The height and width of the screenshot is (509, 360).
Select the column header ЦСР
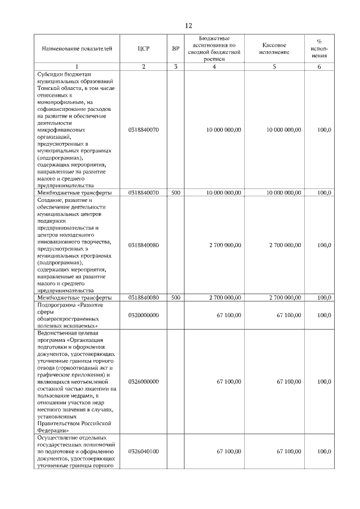143,49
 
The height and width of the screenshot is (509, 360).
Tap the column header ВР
175,49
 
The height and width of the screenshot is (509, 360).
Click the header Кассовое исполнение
275,48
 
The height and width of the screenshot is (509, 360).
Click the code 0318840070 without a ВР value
143,129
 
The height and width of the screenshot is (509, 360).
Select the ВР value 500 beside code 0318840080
175,297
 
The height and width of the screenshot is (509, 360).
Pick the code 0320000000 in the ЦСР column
143,315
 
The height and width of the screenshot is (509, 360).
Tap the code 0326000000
143,382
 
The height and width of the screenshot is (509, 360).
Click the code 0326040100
143,451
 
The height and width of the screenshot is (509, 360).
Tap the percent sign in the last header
319,41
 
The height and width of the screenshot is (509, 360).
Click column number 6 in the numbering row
319,67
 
